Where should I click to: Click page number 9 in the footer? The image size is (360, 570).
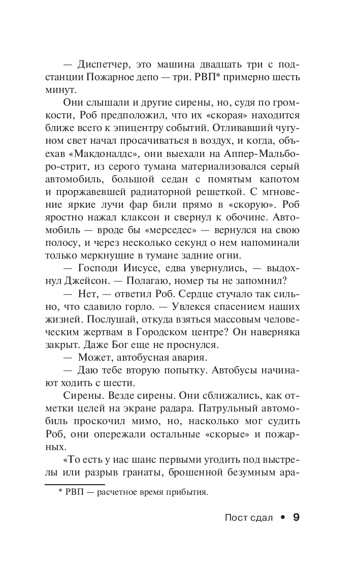pyautogui.click(x=296, y=517)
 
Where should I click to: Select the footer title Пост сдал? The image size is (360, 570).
pyautogui.click(x=244, y=518)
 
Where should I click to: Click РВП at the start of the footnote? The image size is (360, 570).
pyautogui.click(x=75, y=492)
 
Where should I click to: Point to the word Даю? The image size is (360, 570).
pyautogui.click(x=87, y=370)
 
